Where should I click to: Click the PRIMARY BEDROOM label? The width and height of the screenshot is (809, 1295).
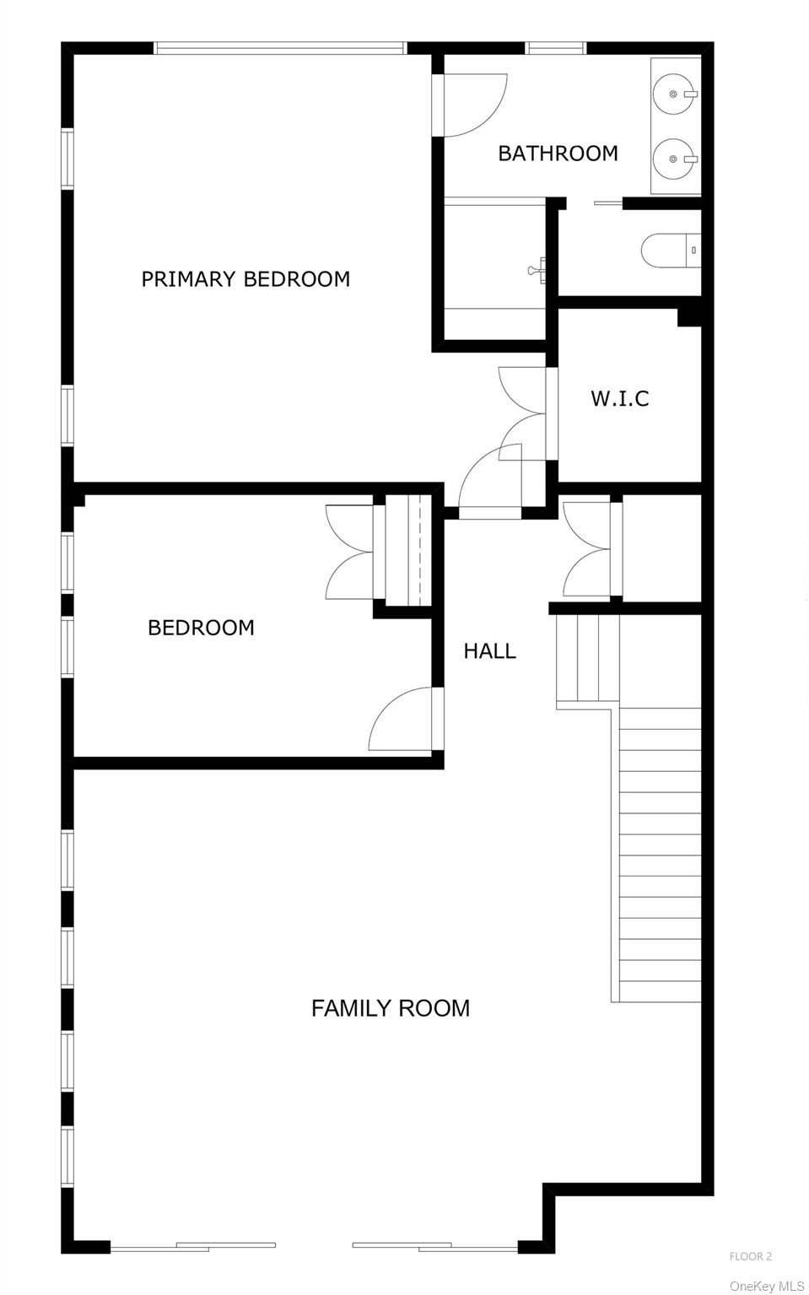point(245,279)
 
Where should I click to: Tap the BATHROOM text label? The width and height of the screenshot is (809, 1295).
point(558,154)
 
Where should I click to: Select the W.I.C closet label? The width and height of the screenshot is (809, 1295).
point(620,398)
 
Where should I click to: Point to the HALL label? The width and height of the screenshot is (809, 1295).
point(489,650)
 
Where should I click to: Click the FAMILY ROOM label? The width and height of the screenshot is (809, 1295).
point(391,1008)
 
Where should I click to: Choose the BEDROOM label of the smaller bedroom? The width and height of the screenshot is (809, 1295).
point(201,628)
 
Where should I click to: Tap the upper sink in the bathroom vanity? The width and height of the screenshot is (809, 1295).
point(675,94)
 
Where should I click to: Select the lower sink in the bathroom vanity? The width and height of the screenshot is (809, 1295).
point(675,159)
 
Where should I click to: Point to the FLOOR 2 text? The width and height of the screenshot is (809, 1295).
point(750,1256)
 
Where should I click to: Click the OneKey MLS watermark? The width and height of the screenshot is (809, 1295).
point(767,1286)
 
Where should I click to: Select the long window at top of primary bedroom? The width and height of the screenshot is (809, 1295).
point(280,48)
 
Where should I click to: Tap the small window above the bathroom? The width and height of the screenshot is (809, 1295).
point(556,48)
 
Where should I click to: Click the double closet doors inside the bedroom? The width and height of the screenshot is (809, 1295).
point(350,553)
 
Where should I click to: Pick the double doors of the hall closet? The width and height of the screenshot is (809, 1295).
point(587,549)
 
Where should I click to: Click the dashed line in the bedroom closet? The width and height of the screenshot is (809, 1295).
point(419,549)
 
